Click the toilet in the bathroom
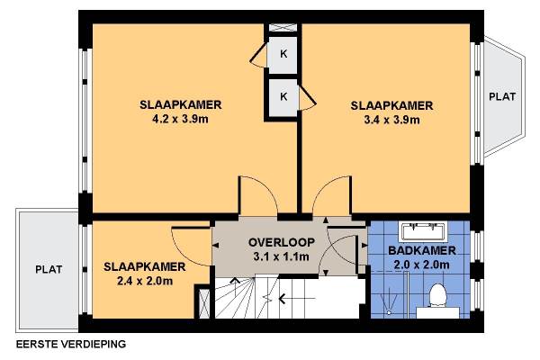pyautogui.click(x=437, y=295)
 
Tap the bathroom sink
pyautogui.click(x=423, y=230)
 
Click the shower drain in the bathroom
pyautogui.click(x=389, y=312)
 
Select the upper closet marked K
pyautogui.click(x=283, y=54)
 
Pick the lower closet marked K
pyautogui.click(x=283, y=97)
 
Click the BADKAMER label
pyautogui.click(x=422, y=250)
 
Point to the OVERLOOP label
pyautogui.click(x=282, y=242)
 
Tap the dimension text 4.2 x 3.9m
pyautogui.click(x=180, y=119)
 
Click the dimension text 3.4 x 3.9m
pyautogui.click(x=391, y=120)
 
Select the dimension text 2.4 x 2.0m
pyautogui.click(x=145, y=281)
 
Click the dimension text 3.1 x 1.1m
pyautogui.click(x=281, y=256)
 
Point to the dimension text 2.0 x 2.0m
pyautogui.click(x=421, y=265)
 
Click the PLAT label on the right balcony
pyautogui.click(x=502, y=96)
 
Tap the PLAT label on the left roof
pyautogui.click(x=49, y=269)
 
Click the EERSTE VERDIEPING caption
pyautogui.click(x=71, y=344)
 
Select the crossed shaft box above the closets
pyautogui.click(x=283, y=28)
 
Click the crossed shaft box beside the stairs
pyautogui.click(x=204, y=303)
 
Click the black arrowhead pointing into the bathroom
pyautogui.click(x=364, y=246)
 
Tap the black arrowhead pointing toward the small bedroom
pyautogui.click(x=216, y=246)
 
